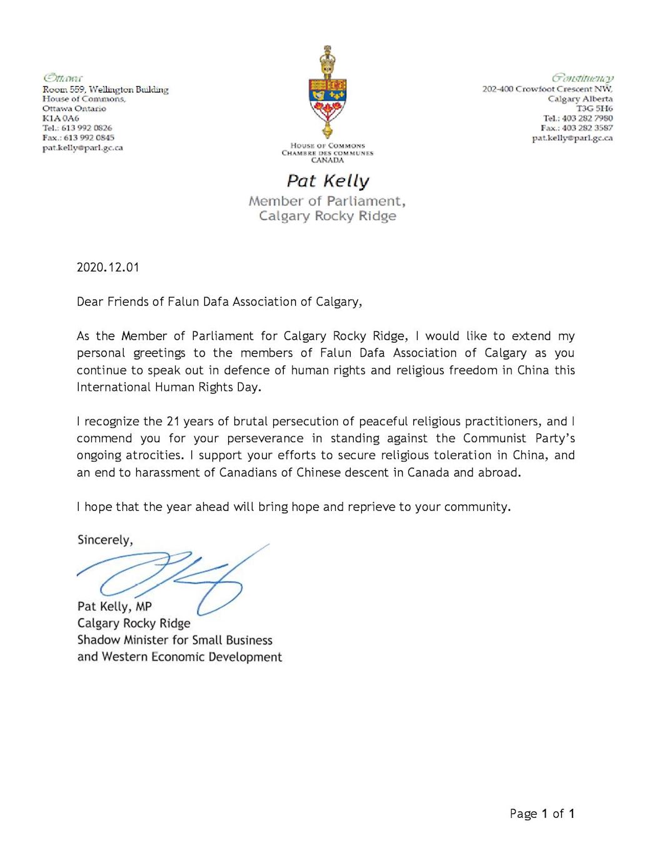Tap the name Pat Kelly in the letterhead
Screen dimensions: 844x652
[328, 181]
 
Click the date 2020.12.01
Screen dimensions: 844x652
[108, 268]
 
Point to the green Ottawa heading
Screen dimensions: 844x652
[63, 78]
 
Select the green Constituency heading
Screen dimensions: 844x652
[582, 78]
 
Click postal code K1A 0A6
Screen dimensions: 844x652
[61, 118]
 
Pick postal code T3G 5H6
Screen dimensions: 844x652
[594, 109]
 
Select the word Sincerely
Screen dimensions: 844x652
[104, 540]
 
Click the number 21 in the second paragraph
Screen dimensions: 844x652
[173, 421]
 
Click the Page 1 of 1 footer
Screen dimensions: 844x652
[542, 813]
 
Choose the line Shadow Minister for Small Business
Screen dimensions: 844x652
[175, 640]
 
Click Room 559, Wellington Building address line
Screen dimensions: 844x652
[105, 89]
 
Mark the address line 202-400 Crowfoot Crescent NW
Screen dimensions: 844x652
[547, 89]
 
